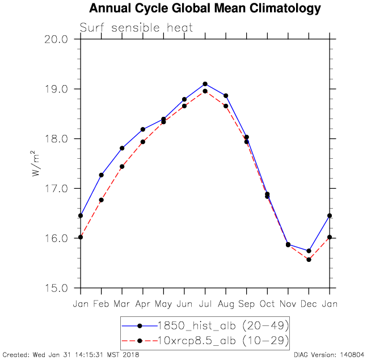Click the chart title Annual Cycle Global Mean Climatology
(205, 9)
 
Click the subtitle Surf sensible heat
(136, 27)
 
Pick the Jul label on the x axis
(205, 304)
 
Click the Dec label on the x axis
(309, 304)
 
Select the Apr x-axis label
(143, 304)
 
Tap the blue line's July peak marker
(205, 84)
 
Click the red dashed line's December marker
(309, 260)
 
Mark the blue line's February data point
(102, 175)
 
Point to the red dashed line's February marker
(102, 200)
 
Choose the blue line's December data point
(309, 251)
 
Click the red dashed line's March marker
(122, 167)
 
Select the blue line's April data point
(143, 129)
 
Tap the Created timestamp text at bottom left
(71, 355)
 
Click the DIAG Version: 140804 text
(328, 355)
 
